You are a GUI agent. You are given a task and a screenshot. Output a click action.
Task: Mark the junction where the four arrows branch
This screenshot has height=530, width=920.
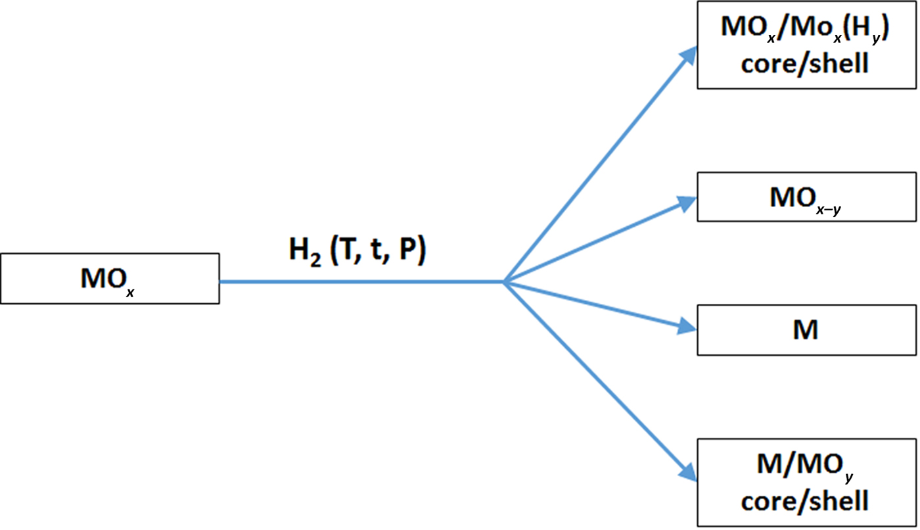503,282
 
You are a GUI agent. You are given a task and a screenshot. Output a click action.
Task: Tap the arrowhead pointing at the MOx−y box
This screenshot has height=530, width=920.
687,202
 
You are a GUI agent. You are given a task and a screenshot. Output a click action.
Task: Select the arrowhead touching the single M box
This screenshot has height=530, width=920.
687,327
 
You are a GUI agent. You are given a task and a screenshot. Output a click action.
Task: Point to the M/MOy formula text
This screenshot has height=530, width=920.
805,468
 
